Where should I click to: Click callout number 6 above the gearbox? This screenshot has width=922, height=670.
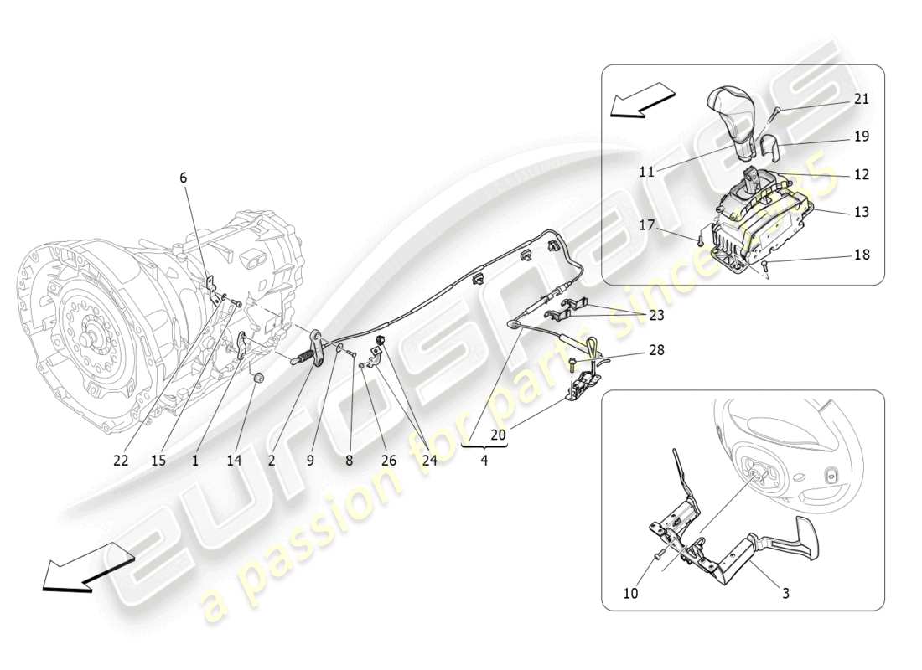(183, 178)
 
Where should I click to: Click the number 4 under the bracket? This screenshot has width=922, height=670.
(484, 460)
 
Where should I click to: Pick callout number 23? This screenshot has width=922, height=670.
(656, 316)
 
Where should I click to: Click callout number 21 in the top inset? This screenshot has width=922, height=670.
(861, 99)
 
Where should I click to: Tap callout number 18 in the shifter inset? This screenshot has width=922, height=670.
(861, 255)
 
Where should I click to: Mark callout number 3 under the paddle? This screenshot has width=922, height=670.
(785, 594)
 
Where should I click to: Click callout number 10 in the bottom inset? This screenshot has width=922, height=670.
(630, 594)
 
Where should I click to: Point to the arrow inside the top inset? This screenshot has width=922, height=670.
(642, 100)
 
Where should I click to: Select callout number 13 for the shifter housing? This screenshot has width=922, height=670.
(861, 213)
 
